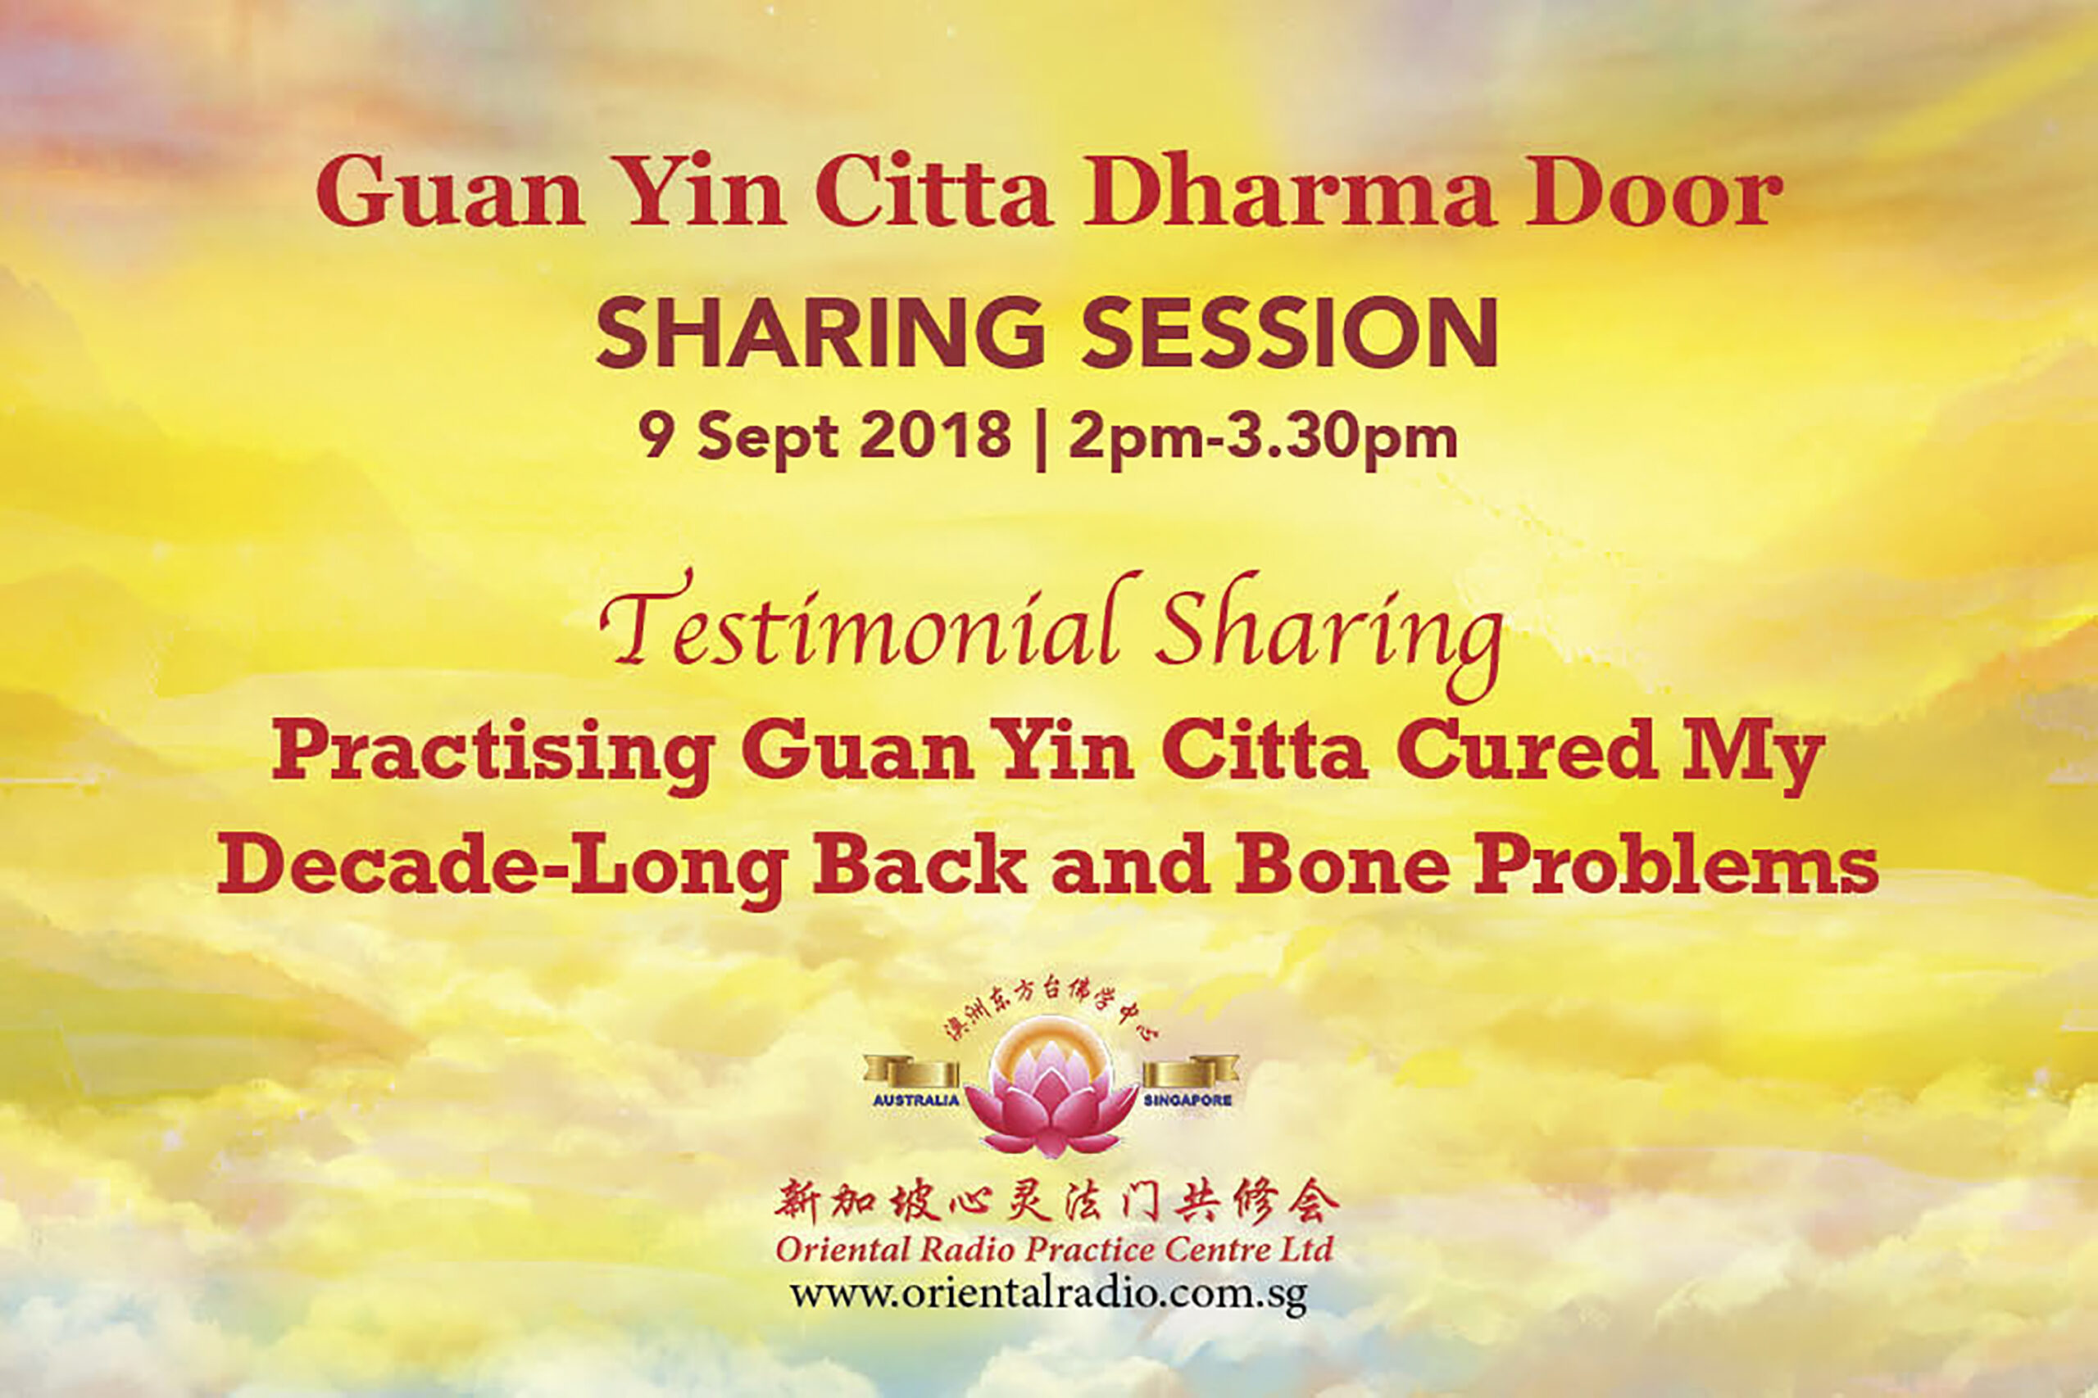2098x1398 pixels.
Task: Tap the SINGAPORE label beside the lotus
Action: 1188,1099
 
